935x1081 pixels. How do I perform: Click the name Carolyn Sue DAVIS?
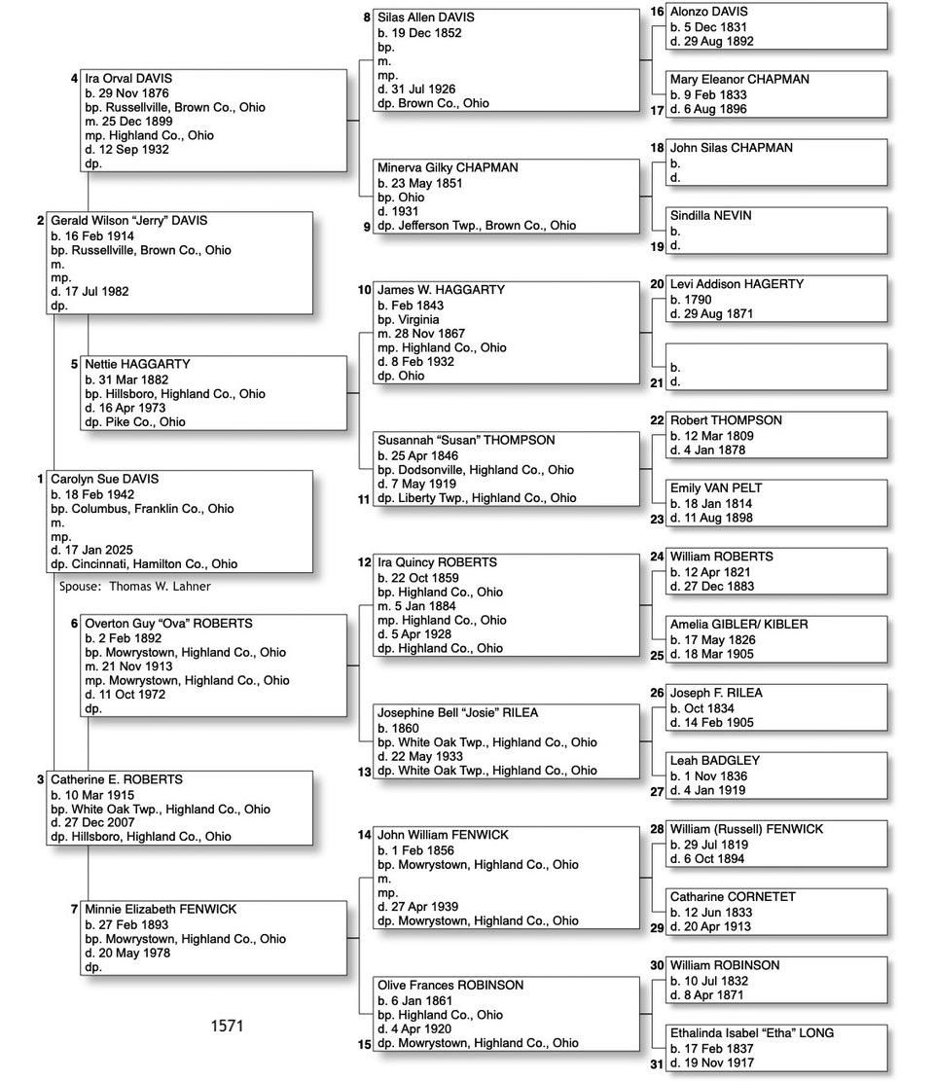(x=104, y=480)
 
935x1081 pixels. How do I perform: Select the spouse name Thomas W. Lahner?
(x=159, y=587)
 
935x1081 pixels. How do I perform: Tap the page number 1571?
(x=227, y=1026)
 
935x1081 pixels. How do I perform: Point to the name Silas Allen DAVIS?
(x=426, y=18)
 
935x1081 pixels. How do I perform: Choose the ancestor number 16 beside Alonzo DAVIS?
(x=657, y=12)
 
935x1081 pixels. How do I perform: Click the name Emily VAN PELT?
(x=716, y=488)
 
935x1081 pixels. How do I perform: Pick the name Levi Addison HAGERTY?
(x=737, y=284)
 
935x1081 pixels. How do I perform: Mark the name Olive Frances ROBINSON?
(x=450, y=986)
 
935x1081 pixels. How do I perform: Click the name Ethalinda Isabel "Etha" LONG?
(x=751, y=1033)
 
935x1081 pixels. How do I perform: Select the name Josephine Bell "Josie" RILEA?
(x=457, y=713)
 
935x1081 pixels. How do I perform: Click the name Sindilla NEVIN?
(x=710, y=216)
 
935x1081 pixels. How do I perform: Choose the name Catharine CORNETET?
(x=733, y=897)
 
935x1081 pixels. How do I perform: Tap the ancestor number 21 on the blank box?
(x=657, y=383)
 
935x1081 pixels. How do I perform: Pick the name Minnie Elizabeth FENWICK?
(x=161, y=910)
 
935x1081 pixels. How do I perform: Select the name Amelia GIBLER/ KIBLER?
(x=738, y=625)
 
